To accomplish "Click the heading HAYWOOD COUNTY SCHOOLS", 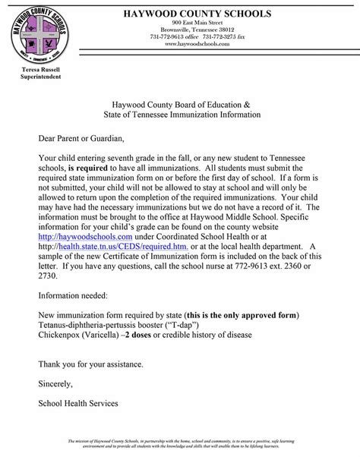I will click(x=191, y=13).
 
